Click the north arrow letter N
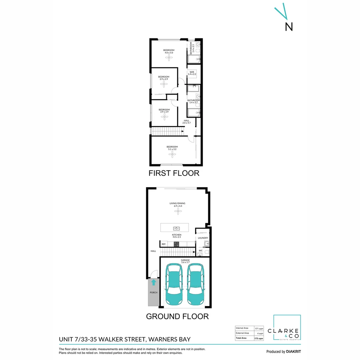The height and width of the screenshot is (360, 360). click(x=289, y=27)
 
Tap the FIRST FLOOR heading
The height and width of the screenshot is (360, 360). click(x=174, y=173)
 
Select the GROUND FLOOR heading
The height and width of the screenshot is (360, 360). click(x=177, y=316)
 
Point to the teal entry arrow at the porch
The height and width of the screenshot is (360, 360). click(x=154, y=283)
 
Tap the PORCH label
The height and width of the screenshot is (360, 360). click(x=153, y=293)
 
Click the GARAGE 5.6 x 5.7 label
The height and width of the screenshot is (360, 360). click(x=185, y=261)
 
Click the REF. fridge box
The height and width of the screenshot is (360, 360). click(x=164, y=244)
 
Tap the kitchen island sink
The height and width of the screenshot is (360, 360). click(x=177, y=229)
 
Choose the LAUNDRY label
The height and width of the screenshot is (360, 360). click(x=203, y=238)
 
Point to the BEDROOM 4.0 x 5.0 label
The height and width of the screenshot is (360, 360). click(x=169, y=51)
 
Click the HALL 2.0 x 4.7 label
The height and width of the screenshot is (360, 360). click(x=186, y=122)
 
